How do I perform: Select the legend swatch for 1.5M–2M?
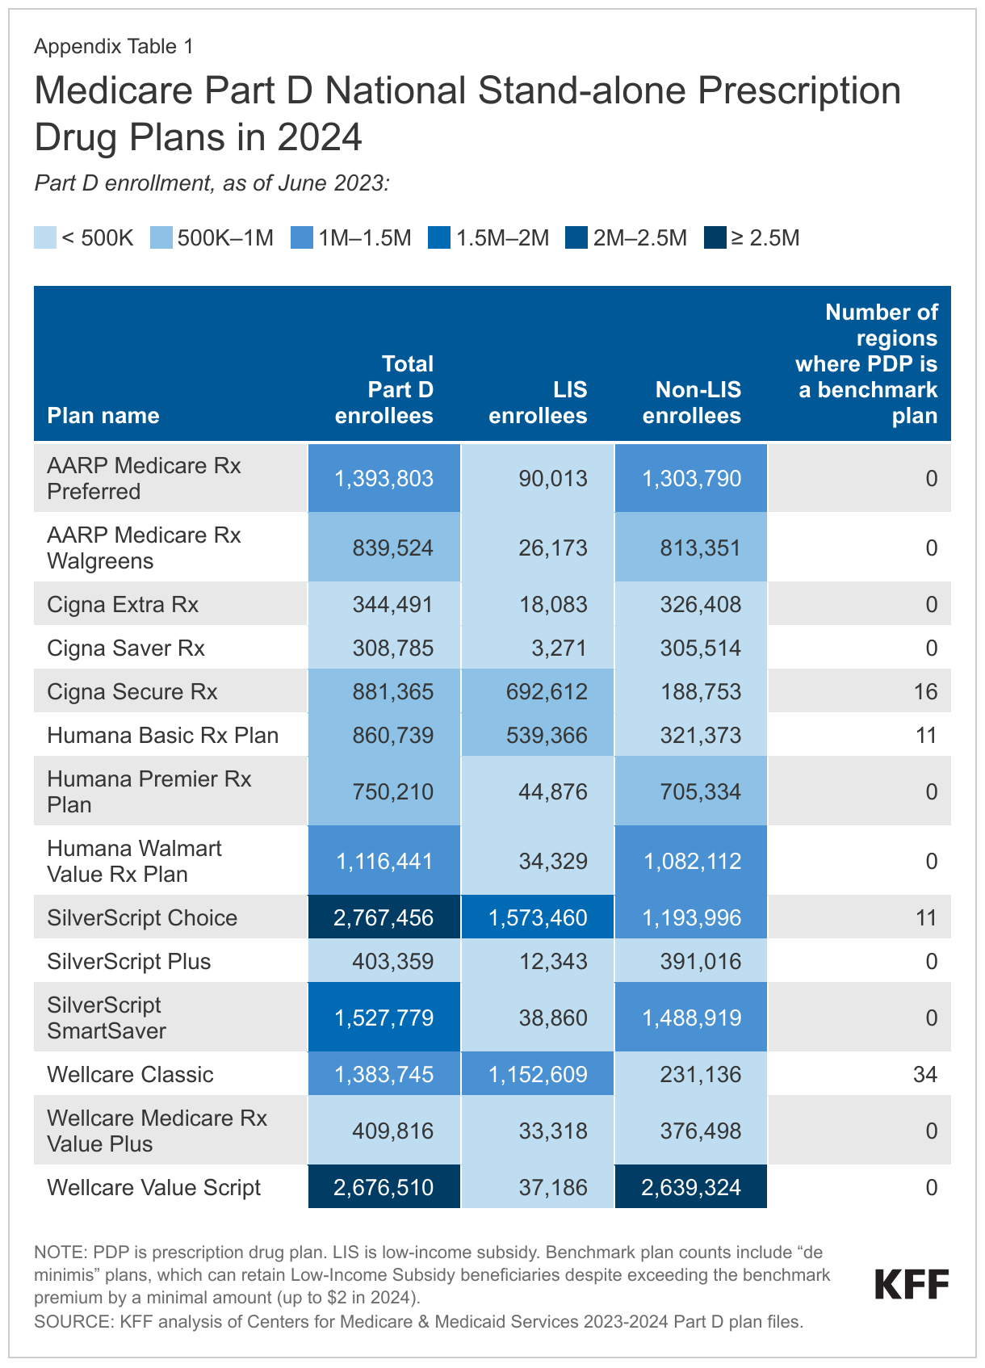point(440,238)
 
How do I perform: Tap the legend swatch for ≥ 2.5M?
point(715,238)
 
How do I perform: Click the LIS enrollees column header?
point(538,402)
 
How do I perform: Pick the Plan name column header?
point(103,415)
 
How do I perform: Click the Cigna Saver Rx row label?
point(126,648)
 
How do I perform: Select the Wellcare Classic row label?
point(130,1074)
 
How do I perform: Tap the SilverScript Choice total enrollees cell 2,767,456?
point(384,917)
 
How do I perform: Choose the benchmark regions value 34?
point(924,1074)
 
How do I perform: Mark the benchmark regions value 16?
point(924,691)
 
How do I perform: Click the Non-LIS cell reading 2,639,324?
point(691,1187)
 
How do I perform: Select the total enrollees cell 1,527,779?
point(384,1018)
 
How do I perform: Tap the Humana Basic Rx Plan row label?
point(162,735)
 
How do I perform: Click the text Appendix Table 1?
point(114,47)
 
